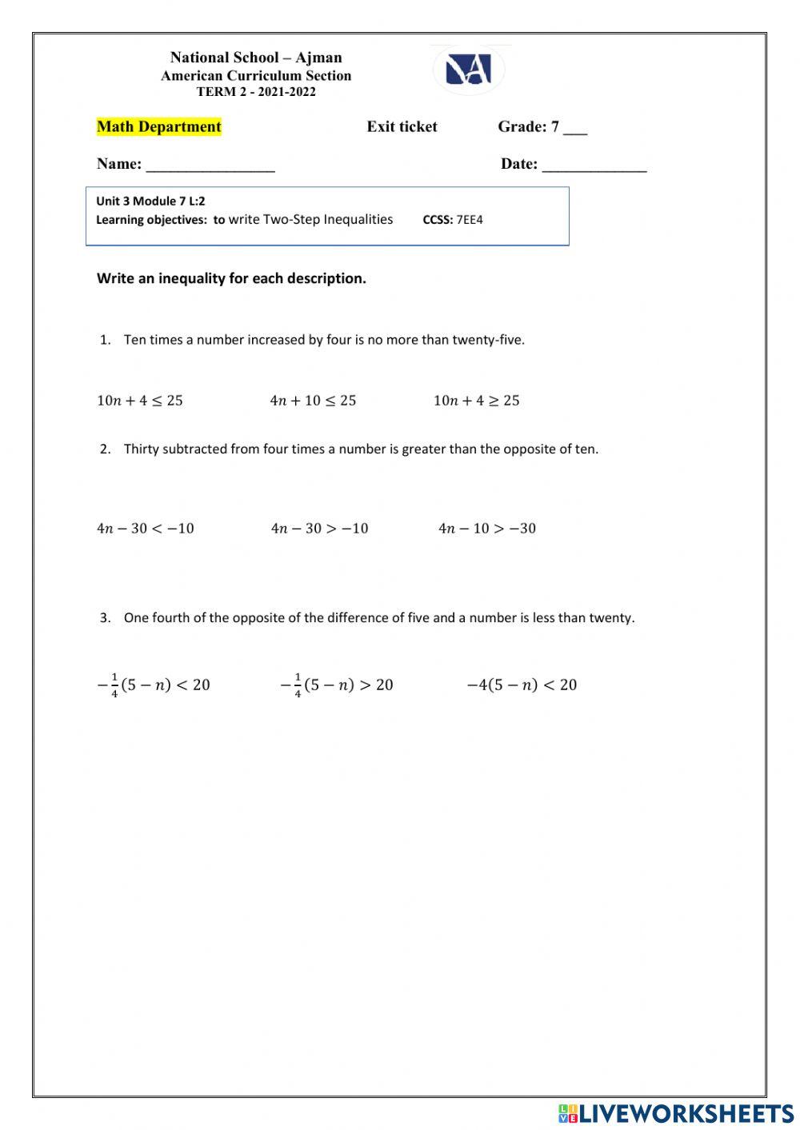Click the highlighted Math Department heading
coord(158,126)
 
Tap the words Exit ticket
coord(402,126)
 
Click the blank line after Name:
coord(210,166)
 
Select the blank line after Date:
coord(594,166)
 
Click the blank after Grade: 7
coord(575,129)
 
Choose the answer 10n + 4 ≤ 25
coord(140,401)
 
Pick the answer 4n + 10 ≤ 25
coord(313,401)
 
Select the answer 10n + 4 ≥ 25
coord(476,401)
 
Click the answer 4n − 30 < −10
coord(146,529)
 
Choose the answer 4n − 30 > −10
coord(319,529)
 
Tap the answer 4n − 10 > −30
coord(487,529)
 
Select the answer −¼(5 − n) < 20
coord(154,685)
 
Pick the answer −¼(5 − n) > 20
coord(337,685)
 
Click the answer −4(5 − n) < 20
coord(522,685)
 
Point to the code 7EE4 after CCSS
coord(470,220)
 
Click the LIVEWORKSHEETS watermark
coord(676,1112)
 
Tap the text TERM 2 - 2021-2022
coord(256,92)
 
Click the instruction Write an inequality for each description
coord(231,278)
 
